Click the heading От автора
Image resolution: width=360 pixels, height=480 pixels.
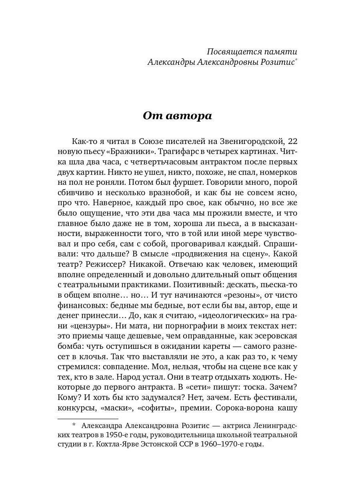tap(177, 116)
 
